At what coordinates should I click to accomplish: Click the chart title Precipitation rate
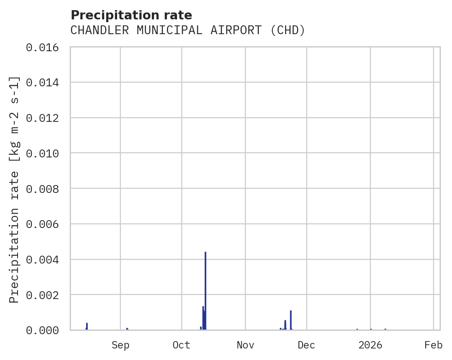pyautogui.click(x=131, y=15)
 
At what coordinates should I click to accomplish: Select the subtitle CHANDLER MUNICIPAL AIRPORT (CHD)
pyautogui.click(x=188, y=30)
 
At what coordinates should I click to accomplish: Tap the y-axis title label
pyautogui.click(x=15, y=189)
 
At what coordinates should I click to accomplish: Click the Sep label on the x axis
pyautogui.click(x=120, y=345)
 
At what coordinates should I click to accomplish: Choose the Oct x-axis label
pyautogui.click(x=182, y=345)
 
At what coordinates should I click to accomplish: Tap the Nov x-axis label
pyautogui.click(x=245, y=345)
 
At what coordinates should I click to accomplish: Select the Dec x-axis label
pyautogui.click(x=307, y=345)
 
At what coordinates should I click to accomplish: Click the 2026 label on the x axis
pyautogui.click(x=370, y=345)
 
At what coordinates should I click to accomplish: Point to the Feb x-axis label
pyautogui.click(x=434, y=345)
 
